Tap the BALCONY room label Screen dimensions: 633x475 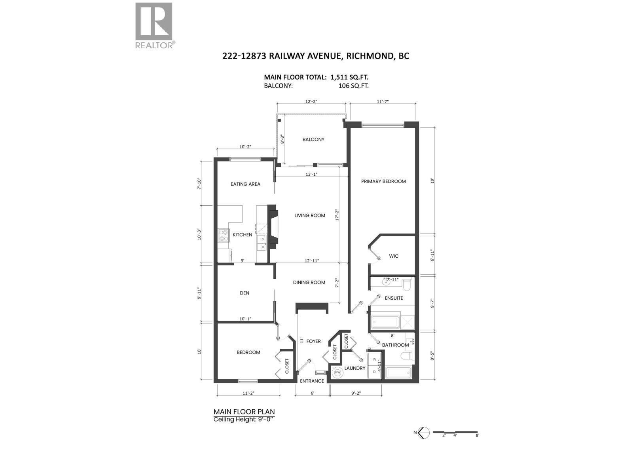click(313, 140)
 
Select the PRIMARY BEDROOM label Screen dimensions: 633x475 click(383, 181)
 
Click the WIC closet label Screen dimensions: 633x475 click(394, 256)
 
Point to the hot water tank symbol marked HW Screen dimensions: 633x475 click(338, 372)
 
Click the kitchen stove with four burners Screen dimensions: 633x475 click(223, 235)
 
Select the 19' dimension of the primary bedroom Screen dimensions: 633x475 click(432, 181)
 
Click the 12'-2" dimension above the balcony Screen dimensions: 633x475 click(311, 101)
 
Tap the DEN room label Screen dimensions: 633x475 click(244, 293)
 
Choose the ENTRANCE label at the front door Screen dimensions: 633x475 click(312, 381)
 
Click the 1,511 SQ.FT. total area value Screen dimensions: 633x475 click(349, 77)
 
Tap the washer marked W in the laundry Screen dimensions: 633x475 click(375, 360)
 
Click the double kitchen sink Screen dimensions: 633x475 click(60, 243)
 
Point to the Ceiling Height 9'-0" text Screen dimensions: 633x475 click(243, 419)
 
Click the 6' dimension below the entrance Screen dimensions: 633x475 click(312, 393)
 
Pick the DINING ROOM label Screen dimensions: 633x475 click(309, 283)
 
